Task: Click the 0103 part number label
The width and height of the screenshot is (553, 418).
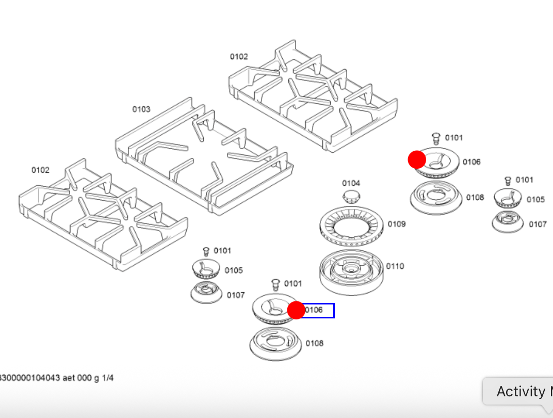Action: [141, 109]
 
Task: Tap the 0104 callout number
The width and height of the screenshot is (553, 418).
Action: [351, 183]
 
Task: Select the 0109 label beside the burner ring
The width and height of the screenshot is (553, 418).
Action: [397, 224]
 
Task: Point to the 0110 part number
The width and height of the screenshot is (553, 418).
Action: [395, 266]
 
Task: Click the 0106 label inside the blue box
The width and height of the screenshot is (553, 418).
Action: [314, 310]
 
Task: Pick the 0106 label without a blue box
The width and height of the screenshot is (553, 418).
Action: [471, 162]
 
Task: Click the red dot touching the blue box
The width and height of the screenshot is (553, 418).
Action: [296, 310]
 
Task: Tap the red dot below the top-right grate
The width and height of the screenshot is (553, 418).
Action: [417, 159]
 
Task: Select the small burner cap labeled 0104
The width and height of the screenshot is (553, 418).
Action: [352, 196]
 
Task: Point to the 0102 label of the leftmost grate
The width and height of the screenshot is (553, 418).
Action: [40, 170]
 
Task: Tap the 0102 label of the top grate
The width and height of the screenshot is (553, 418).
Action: [239, 57]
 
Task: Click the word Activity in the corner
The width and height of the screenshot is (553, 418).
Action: [521, 392]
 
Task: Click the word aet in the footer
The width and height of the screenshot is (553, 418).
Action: [69, 378]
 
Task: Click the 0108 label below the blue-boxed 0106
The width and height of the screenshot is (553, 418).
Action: [315, 343]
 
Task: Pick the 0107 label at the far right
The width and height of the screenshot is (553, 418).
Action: [538, 224]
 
